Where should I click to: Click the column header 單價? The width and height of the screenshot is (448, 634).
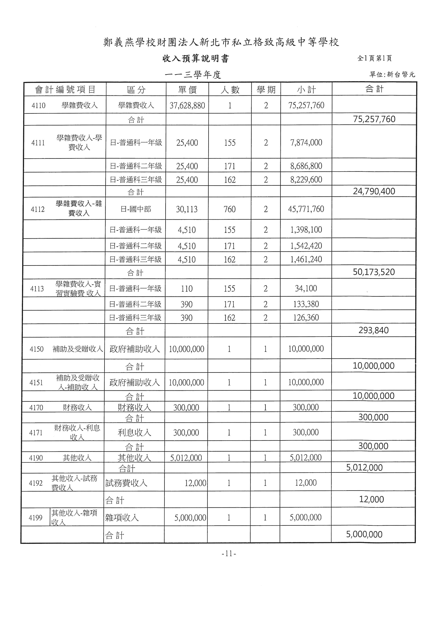(187, 89)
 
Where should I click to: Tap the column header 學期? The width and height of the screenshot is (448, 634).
(266, 89)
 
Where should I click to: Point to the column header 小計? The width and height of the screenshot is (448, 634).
(306, 89)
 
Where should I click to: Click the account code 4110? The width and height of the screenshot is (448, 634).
(38, 105)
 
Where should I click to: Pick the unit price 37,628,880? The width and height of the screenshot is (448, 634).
(187, 105)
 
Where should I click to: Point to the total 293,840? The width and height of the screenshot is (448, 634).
(374, 330)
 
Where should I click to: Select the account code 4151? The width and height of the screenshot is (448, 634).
(36, 383)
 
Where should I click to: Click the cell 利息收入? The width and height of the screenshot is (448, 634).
(134, 433)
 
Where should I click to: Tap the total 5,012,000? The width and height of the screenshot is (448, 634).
(364, 468)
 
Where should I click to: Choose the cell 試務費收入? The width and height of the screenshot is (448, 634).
(126, 483)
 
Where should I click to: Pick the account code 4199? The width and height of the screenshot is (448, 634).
(36, 518)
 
